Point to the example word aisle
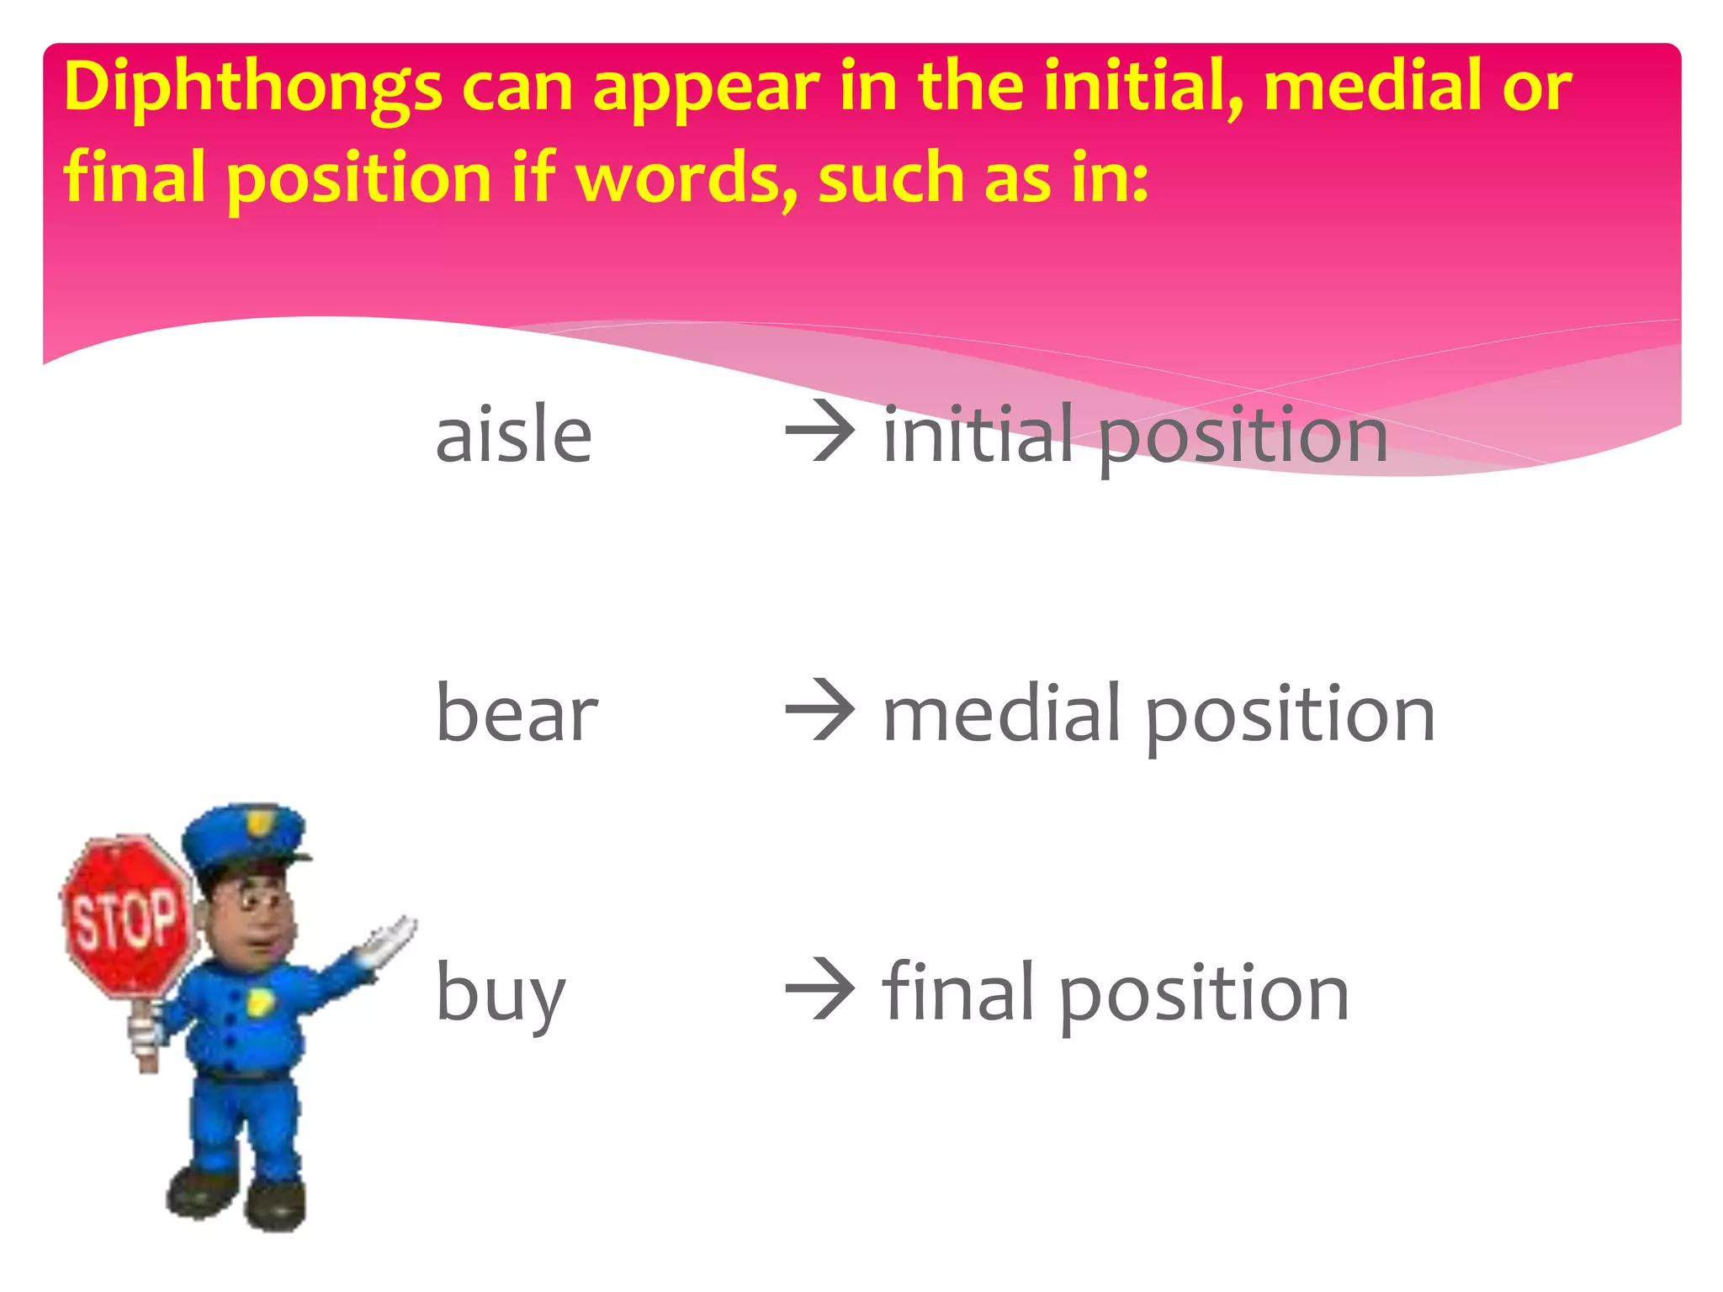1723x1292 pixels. (513, 435)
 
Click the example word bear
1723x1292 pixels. (517, 714)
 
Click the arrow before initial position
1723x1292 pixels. (819, 433)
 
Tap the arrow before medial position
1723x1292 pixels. (819, 712)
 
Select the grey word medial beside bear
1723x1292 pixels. (1001, 713)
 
